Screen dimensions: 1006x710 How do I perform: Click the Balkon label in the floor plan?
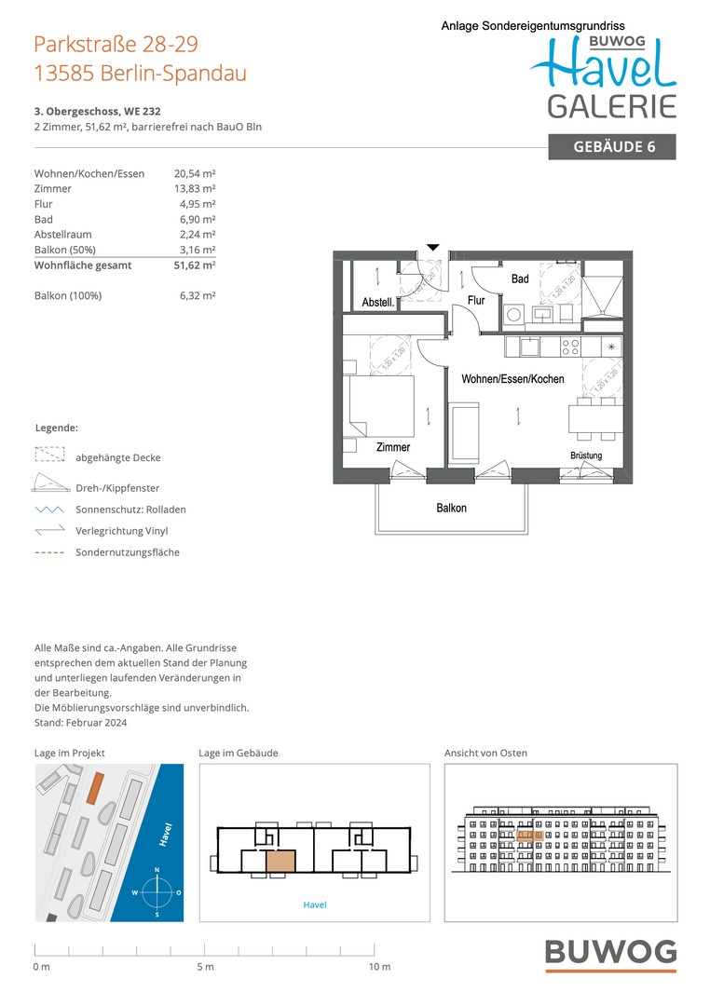coord(452,508)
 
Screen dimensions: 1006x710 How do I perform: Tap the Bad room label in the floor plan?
coord(520,279)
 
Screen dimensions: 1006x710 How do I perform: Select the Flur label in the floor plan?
coord(476,301)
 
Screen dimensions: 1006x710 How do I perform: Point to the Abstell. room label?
coord(379,303)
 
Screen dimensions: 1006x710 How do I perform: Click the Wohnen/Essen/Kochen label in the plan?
coord(512,379)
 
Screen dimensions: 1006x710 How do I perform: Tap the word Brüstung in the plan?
coord(586,455)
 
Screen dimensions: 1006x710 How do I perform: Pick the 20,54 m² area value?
coord(195,173)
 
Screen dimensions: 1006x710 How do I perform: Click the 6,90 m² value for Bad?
coord(198,219)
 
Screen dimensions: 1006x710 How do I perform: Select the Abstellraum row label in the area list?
coord(62,235)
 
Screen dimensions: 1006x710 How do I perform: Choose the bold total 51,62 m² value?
coord(195,265)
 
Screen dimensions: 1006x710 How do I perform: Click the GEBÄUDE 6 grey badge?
coord(611,146)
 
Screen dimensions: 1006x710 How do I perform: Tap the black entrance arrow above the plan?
coord(432,248)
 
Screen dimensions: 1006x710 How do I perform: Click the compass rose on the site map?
coord(157,892)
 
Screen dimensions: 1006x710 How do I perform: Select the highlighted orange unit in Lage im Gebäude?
coord(280,862)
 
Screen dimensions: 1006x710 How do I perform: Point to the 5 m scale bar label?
coord(205,967)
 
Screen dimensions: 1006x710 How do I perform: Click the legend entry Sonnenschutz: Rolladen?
coord(130,510)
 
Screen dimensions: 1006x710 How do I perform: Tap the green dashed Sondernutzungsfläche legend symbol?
coord(49,552)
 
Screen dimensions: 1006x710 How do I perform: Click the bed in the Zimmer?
coord(379,405)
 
